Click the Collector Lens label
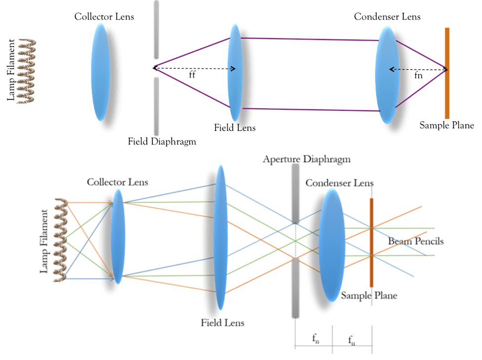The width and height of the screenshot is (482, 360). tap(117, 182)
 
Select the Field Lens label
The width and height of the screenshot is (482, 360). tap(222, 323)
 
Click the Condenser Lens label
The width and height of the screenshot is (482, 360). tap(339, 183)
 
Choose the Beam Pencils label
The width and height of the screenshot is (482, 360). tap(415, 241)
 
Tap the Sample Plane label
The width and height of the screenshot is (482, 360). tap(369, 296)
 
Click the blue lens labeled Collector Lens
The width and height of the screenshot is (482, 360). tap(118, 236)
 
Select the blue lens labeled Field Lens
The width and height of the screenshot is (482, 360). tap(220, 237)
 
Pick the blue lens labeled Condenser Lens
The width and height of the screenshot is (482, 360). tap(331, 245)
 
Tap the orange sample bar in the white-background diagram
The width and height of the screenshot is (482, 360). tap(371, 237)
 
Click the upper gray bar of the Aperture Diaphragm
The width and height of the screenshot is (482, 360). tap(296, 193)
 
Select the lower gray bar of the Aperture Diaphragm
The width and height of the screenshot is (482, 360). tap(296, 287)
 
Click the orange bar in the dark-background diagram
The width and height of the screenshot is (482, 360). tap(447, 73)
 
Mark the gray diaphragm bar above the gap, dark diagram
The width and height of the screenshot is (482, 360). tap(156, 30)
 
